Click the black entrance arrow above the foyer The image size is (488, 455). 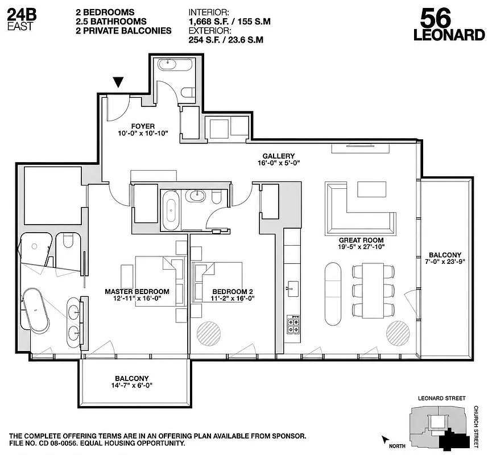tap(118, 82)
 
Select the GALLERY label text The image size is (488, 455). tap(278, 156)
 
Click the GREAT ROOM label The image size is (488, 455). tap(361, 240)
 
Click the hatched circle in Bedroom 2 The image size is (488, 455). tap(208, 333)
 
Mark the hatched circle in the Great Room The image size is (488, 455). tap(397, 332)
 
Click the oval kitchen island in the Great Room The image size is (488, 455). tap(333, 292)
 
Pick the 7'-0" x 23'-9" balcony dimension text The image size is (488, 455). tap(445, 263)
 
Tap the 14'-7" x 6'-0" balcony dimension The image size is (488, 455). tap(132, 386)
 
